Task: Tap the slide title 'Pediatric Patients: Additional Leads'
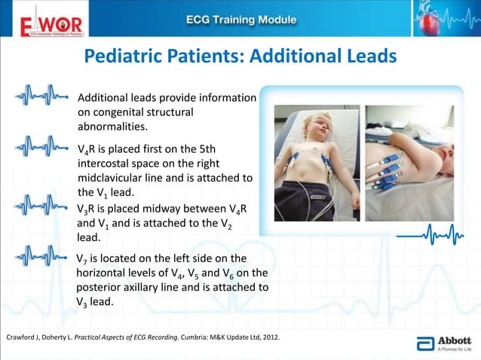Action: (x=240, y=57)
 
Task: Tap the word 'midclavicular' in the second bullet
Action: (x=112, y=177)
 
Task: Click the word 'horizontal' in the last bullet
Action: (x=106, y=272)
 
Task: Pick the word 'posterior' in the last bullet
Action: (x=102, y=287)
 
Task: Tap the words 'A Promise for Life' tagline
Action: (x=455, y=348)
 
